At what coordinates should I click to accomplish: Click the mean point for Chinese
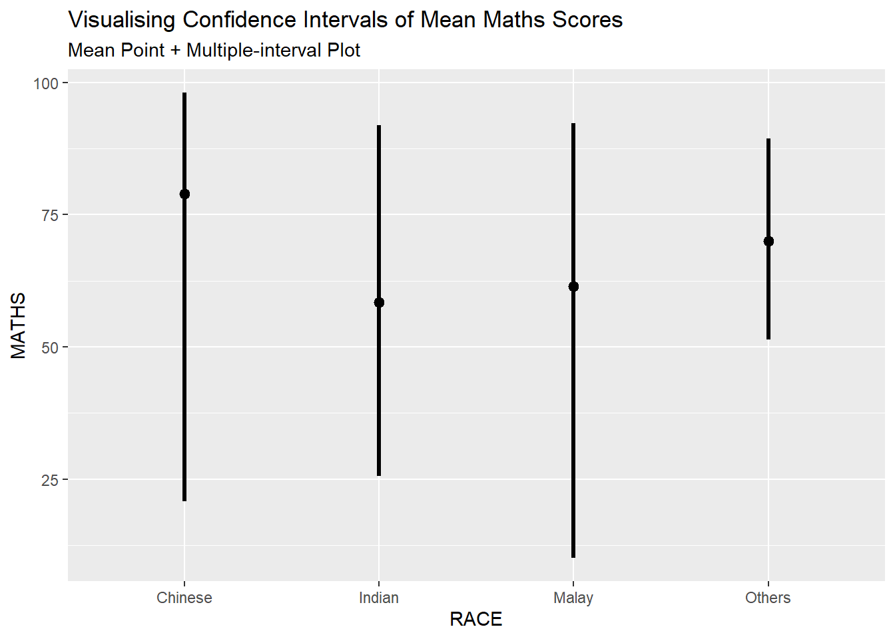pyautogui.click(x=184, y=194)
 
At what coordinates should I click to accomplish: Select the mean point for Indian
pyautogui.click(x=379, y=302)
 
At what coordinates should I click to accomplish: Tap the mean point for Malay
pyautogui.click(x=573, y=286)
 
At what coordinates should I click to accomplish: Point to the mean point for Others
pyautogui.click(x=768, y=241)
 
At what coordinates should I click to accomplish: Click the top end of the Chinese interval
pyautogui.click(x=184, y=94)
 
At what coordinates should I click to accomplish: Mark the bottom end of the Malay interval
pyautogui.click(x=573, y=556)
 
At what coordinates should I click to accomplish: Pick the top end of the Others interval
pyautogui.click(x=768, y=140)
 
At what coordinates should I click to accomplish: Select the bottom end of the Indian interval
pyautogui.click(x=379, y=475)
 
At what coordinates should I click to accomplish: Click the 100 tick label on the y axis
pyautogui.click(x=46, y=83)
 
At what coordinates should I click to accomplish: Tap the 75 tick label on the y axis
pyautogui.click(x=50, y=215)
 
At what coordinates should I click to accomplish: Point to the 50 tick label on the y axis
pyautogui.click(x=50, y=347)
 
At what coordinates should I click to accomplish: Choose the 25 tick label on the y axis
pyautogui.click(x=50, y=480)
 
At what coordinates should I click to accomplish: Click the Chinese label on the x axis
pyautogui.click(x=184, y=598)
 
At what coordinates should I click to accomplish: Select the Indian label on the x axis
pyautogui.click(x=379, y=598)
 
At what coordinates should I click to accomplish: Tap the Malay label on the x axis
pyautogui.click(x=573, y=598)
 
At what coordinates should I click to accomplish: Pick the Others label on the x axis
pyautogui.click(x=768, y=598)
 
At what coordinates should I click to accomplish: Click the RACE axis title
pyautogui.click(x=476, y=619)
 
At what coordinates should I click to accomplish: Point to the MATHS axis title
pyautogui.click(x=19, y=325)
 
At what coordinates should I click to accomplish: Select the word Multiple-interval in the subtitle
pyautogui.click(x=273, y=51)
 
